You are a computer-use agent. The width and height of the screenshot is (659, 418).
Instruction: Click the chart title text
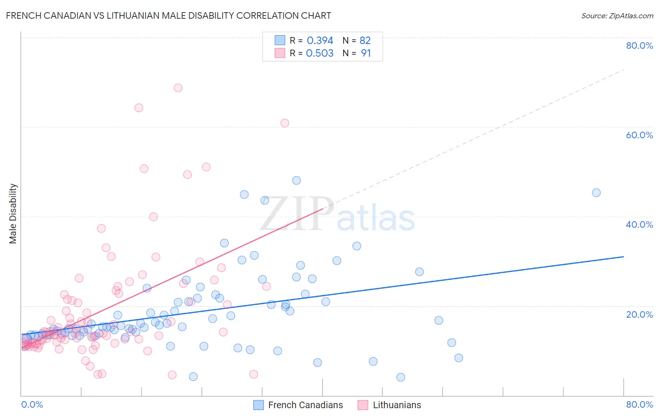click(168, 15)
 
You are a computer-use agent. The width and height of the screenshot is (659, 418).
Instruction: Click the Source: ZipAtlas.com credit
click(617, 15)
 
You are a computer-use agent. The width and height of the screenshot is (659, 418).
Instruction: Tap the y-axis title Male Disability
click(13, 213)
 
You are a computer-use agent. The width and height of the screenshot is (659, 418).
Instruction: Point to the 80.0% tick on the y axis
click(639, 45)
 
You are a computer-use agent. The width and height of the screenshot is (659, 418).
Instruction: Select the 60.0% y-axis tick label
click(639, 135)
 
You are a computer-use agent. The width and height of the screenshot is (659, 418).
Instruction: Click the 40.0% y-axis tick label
click(639, 224)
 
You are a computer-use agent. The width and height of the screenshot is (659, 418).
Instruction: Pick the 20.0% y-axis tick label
click(639, 314)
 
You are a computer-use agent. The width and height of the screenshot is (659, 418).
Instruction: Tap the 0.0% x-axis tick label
click(32, 404)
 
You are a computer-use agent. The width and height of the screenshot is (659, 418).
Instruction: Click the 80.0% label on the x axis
click(639, 404)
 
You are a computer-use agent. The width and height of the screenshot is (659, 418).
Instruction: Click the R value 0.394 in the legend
click(320, 41)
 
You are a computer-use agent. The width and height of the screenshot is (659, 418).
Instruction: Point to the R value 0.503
click(320, 53)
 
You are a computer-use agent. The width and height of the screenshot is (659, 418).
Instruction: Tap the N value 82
click(365, 41)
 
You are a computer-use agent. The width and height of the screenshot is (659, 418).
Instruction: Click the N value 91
click(366, 53)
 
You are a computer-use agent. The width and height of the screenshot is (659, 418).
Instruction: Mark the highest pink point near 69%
click(178, 88)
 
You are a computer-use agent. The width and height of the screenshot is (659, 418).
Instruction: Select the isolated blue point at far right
click(596, 193)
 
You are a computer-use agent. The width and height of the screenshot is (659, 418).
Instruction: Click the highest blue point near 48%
click(296, 180)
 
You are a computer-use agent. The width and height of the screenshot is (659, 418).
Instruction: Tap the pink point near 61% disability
click(285, 123)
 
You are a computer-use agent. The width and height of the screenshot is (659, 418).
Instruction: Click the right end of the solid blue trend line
click(623, 257)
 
